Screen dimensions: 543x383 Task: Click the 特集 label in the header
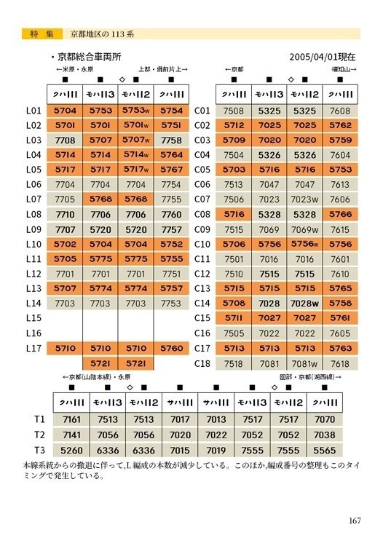39,33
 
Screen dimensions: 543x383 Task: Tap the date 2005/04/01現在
323,56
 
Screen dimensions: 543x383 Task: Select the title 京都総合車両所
90,56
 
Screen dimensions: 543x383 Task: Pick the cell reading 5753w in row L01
135,111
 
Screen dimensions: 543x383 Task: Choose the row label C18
202,363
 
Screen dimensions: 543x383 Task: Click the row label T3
40,450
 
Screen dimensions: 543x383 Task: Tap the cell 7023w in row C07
305,199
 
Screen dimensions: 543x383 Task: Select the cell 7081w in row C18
305,363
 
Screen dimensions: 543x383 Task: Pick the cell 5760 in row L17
172,348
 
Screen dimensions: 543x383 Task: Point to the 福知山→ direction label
342,69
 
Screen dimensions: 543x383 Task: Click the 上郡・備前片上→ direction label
163,69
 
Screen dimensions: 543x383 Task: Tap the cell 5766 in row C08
340,214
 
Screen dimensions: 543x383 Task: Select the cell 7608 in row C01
340,111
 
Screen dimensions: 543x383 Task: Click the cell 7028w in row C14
305,304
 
